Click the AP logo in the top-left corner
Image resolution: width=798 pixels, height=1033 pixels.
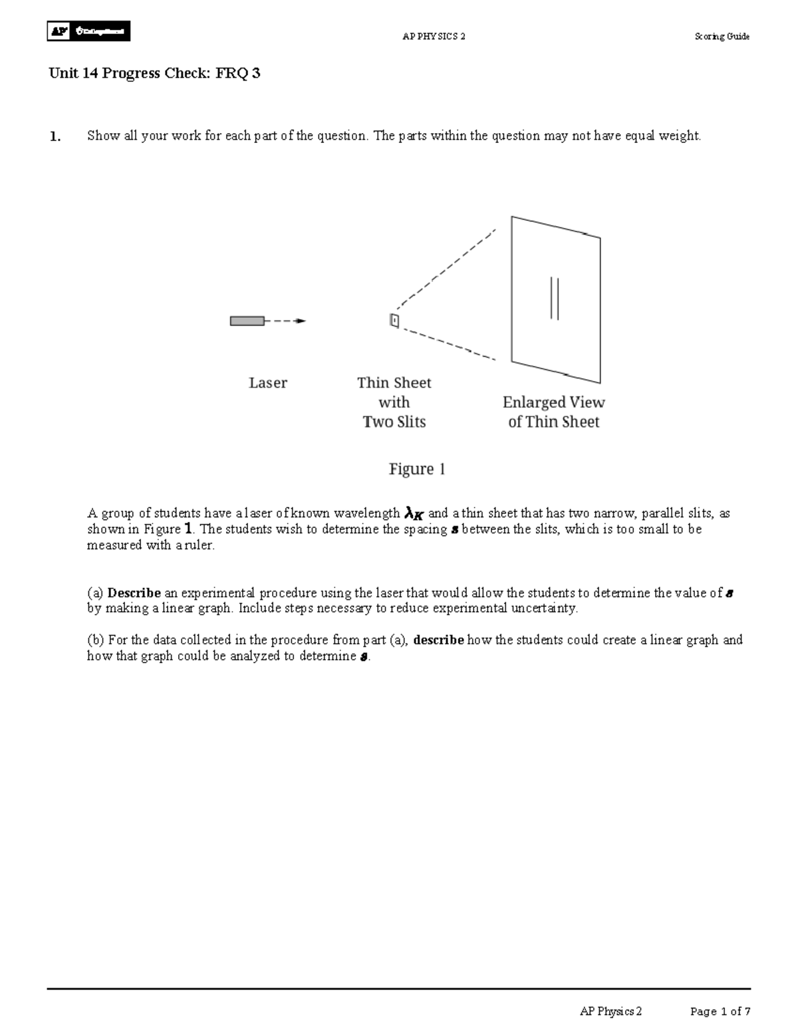click(x=88, y=31)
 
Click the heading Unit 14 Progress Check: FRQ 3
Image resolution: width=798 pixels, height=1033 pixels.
click(x=154, y=74)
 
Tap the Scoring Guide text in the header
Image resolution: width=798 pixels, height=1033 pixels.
click(x=722, y=37)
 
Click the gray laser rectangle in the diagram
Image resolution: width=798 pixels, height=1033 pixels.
click(x=247, y=321)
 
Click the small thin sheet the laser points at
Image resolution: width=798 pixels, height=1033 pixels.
click(x=394, y=321)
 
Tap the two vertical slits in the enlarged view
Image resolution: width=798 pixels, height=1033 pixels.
click(x=554, y=299)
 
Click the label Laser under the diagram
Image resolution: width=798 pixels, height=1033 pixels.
click(x=268, y=383)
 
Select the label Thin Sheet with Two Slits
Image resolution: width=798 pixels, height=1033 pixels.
click(x=394, y=402)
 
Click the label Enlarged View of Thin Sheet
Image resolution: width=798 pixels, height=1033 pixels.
click(x=553, y=412)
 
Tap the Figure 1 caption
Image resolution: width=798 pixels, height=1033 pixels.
click(x=417, y=470)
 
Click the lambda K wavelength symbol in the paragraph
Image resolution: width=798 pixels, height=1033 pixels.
click(x=414, y=514)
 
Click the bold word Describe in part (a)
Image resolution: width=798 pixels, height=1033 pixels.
click(x=134, y=593)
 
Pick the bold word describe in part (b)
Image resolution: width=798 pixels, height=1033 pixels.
click(x=438, y=641)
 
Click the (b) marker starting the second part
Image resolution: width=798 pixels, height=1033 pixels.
click(x=96, y=641)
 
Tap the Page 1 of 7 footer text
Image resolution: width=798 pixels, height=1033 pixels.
click(x=720, y=1012)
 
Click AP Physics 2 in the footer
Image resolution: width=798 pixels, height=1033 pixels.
click(x=610, y=1012)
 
